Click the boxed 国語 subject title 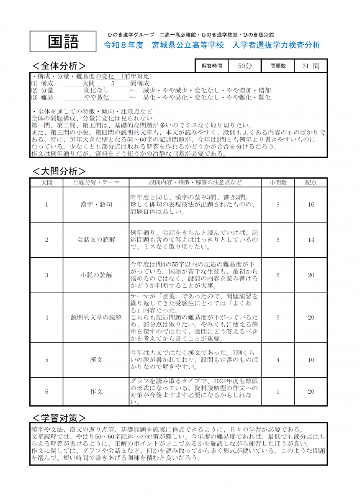(x=63, y=41)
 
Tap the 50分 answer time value (x=245, y=66)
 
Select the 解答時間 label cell (x=212, y=66)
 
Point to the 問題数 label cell (x=278, y=66)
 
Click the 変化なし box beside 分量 (x=96, y=90)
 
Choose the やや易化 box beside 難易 (x=96, y=97)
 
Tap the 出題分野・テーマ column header (x=96, y=182)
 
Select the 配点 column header (x=311, y=182)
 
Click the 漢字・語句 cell (x=96, y=205)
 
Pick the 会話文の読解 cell (x=96, y=240)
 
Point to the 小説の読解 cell (x=96, y=275)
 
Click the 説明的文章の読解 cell (x=96, y=318)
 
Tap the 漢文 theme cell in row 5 (x=96, y=360)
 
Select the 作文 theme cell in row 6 (x=96, y=392)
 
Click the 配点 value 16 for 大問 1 (x=311, y=205)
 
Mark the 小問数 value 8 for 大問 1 (x=278, y=205)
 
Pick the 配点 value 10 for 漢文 (x=311, y=360)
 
